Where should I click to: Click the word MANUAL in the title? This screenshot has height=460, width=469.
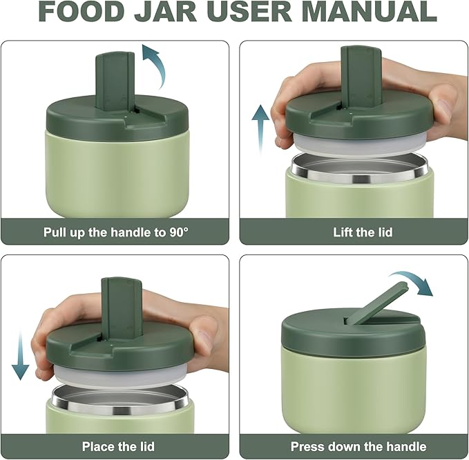369,11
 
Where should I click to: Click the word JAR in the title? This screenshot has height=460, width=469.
165,11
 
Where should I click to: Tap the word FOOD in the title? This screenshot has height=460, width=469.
82,11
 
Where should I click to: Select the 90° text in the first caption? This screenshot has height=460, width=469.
179,232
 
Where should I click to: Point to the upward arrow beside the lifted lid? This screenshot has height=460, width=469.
260,128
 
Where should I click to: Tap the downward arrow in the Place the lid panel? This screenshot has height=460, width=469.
20,355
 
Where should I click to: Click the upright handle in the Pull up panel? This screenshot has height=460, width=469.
115,81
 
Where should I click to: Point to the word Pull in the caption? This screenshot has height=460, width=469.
55,232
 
